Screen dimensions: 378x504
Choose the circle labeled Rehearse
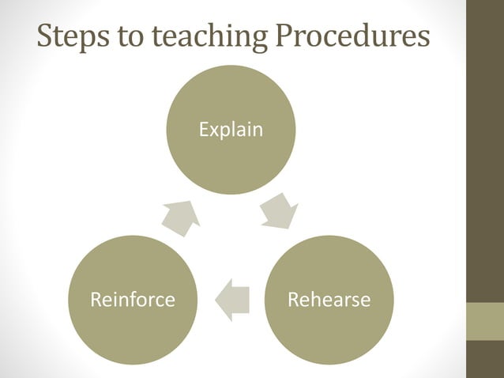(x=328, y=300)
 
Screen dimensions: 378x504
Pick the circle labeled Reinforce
(x=133, y=300)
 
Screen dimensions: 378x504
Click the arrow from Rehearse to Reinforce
(x=232, y=300)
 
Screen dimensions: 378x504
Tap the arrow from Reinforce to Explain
(x=181, y=217)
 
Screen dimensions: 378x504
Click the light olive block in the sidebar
(x=485, y=321)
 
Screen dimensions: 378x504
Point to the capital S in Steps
(x=46, y=36)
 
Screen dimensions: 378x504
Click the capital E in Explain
(x=203, y=130)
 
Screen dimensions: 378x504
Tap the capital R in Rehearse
(x=292, y=301)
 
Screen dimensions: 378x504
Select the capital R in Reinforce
(x=96, y=301)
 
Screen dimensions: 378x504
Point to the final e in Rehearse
(x=365, y=301)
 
